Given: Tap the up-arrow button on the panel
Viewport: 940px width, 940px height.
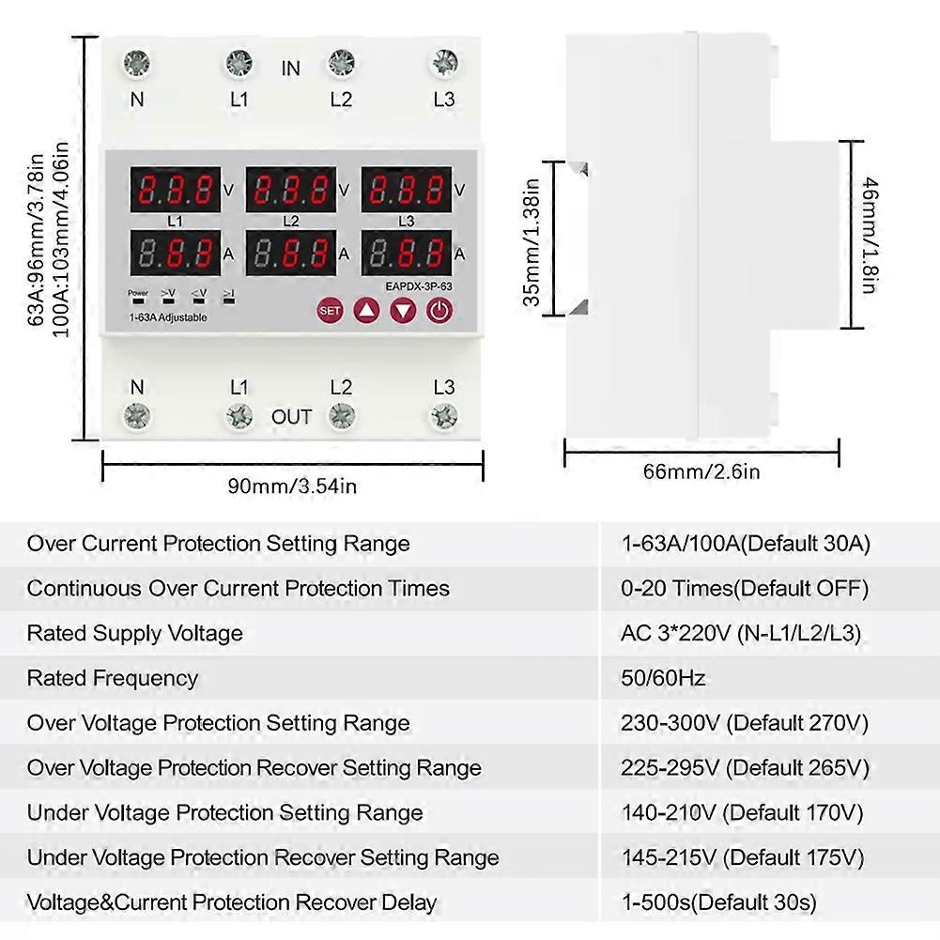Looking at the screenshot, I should (366, 310).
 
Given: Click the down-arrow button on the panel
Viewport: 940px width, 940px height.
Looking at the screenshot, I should (403, 310).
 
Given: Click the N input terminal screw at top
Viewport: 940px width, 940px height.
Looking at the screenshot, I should (137, 64).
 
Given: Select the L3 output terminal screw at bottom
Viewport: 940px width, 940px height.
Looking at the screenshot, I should (443, 416).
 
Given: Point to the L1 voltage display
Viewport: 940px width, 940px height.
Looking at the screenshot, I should (175, 191).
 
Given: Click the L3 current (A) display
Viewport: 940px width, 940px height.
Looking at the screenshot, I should (407, 254).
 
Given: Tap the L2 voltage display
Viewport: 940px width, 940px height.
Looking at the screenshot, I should (291, 191).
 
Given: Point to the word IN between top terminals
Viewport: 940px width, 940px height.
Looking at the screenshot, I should (291, 69).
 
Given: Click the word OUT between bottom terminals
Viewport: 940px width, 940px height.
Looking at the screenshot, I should (291, 417).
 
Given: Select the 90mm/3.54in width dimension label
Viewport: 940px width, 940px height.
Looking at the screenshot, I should (292, 486).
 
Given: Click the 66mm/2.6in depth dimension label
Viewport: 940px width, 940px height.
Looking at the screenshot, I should (701, 471).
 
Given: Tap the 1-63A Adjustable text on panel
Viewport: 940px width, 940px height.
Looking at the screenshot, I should (168, 317).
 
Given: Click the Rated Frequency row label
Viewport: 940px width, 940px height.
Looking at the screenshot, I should (113, 678).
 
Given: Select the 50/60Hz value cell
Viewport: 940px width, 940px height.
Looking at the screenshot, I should (663, 678).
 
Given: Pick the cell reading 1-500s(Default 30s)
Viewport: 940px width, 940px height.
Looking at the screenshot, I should (718, 902).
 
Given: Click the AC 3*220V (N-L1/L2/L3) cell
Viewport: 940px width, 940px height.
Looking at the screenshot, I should (741, 633).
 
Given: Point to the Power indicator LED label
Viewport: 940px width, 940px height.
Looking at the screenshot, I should (138, 294).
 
